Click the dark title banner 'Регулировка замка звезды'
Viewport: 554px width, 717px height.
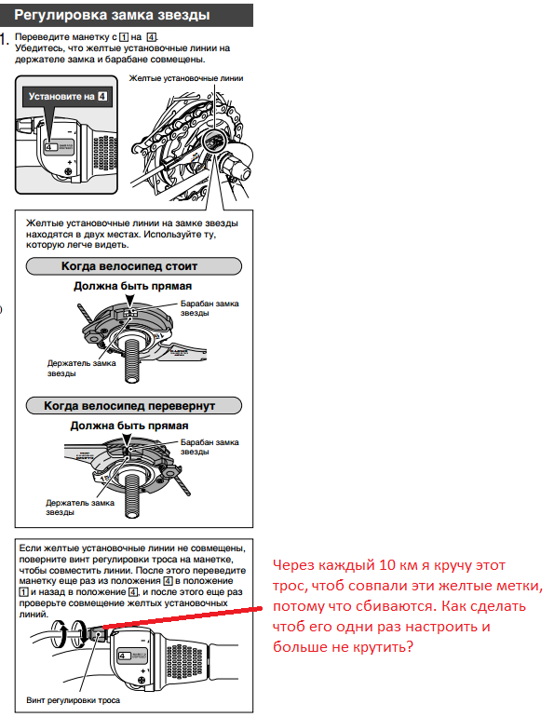pos(126,16)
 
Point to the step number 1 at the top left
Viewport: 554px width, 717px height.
pos(4,39)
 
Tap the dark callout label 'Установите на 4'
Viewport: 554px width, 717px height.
pos(68,97)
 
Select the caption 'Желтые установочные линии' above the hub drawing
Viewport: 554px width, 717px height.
pos(186,78)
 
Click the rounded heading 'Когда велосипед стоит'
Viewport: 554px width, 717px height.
pos(134,266)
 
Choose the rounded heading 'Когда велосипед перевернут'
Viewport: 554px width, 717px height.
pos(134,406)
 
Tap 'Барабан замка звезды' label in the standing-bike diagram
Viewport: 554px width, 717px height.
pos(209,308)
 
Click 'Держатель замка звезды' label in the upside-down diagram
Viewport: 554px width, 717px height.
pos(80,507)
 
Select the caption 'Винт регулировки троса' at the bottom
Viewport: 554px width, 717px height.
pos(74,700)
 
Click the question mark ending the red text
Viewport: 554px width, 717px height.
pos(409,646)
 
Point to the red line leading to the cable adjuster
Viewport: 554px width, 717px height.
pos(182,617)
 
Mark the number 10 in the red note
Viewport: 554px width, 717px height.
pos(387,565)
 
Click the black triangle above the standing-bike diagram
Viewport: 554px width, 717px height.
pos(130,300)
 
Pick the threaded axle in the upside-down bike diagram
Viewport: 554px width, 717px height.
pos(132,498)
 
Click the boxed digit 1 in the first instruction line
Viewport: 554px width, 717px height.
pos(124,37)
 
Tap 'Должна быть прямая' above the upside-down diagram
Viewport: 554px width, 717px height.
pos(129,426)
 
